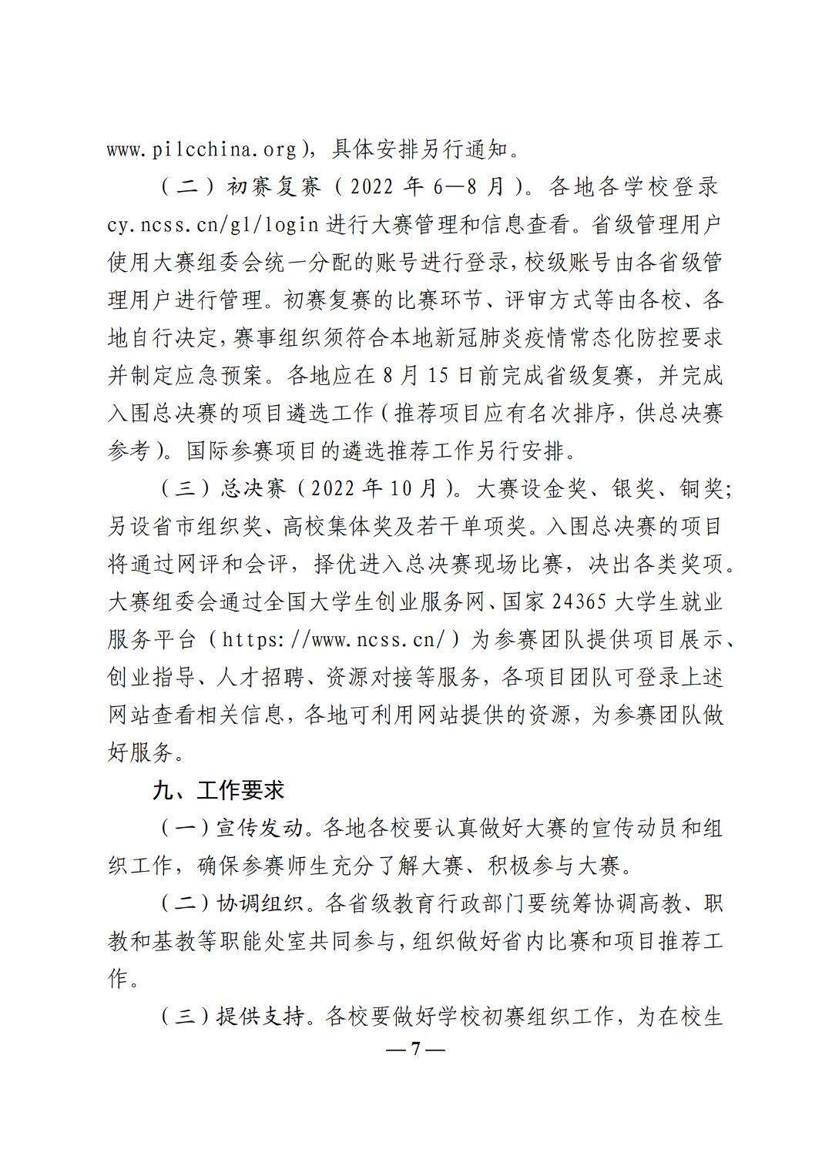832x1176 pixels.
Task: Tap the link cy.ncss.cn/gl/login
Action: pyautogui.click(x=213, y=225)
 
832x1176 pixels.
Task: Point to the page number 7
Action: pyautogui.click(x=415, y=1049)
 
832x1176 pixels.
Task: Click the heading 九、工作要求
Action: pyautogui.click(x=219, y=790)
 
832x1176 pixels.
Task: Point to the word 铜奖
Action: pyautogui.click(x=699, y=488)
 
